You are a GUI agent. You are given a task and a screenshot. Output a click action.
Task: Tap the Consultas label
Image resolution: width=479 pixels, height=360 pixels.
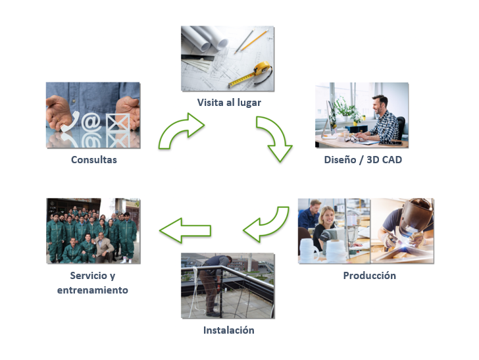tap(94, 160)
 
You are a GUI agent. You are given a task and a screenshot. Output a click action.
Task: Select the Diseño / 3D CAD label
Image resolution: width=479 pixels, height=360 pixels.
tap(363, 160)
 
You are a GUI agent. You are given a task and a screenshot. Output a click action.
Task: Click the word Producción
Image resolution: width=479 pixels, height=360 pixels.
tap(369, 276)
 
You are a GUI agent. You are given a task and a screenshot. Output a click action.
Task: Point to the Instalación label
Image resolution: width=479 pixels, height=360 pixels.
tap(228, 330)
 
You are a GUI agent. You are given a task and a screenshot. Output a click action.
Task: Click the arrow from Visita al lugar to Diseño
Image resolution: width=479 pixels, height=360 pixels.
tap(275, 137)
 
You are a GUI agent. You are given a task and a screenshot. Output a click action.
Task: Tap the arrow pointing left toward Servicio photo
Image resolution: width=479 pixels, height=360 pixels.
tap(185, 230)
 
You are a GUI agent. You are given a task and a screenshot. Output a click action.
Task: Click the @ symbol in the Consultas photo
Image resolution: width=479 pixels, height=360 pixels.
tap(93, 122)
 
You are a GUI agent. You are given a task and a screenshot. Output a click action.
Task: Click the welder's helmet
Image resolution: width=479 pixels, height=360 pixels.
tap(416, 213)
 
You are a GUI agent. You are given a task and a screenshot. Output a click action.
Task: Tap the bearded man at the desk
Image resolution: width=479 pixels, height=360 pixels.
tap(384, 117)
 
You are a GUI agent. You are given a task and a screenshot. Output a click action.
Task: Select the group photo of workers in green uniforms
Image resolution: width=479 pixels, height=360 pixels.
tap(93, 230)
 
